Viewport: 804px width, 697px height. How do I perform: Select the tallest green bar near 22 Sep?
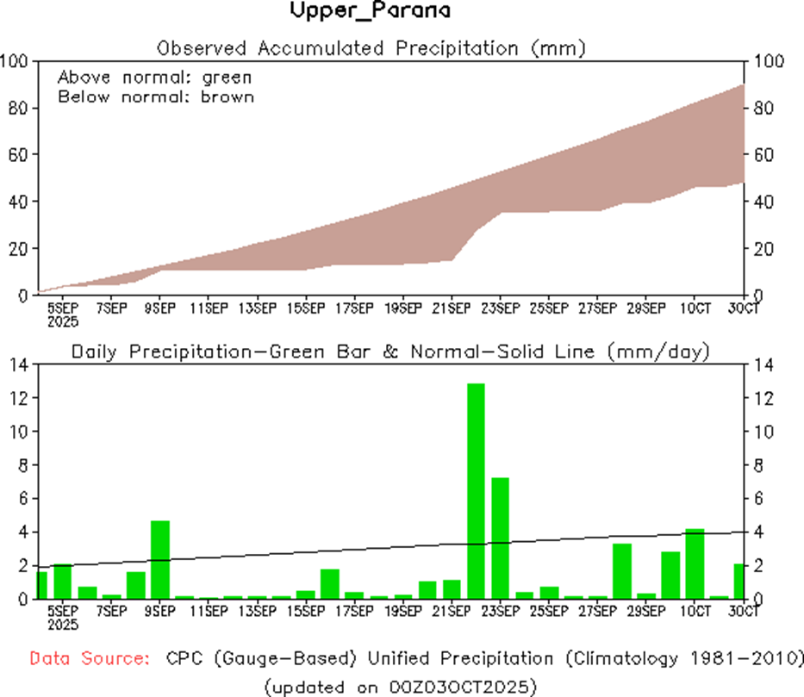tap(476, 491)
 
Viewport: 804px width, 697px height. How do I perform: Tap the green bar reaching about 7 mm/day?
tap(501, 538)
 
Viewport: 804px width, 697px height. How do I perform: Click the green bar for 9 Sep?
tap(160, 560)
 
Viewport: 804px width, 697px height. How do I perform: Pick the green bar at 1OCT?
tap(695, 563)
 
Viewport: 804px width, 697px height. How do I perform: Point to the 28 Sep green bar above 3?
tap(622, 571)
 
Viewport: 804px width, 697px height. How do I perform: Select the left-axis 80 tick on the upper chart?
tap(17, 108)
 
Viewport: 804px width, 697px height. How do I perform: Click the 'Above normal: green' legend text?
tap(154, 78)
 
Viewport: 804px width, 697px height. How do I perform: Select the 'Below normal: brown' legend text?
tap(156, 96)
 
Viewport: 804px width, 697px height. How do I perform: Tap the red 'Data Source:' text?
tap(87, 659)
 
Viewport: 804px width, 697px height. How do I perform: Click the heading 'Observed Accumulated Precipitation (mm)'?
tap(371, 48)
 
